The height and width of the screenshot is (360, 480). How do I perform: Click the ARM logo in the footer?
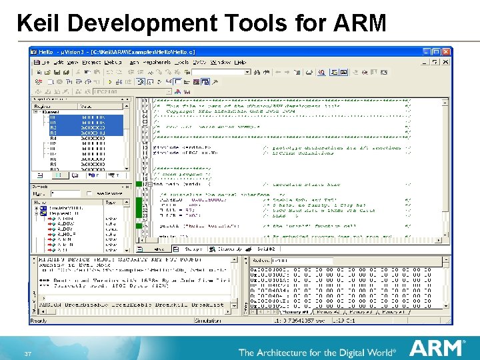point(437,347)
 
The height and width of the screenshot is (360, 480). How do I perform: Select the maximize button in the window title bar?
point(437,52)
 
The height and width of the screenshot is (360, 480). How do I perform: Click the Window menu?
point(219,62)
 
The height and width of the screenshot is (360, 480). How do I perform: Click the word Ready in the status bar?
point(39,320)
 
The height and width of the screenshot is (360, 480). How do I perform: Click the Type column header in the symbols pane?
point(111,202)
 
